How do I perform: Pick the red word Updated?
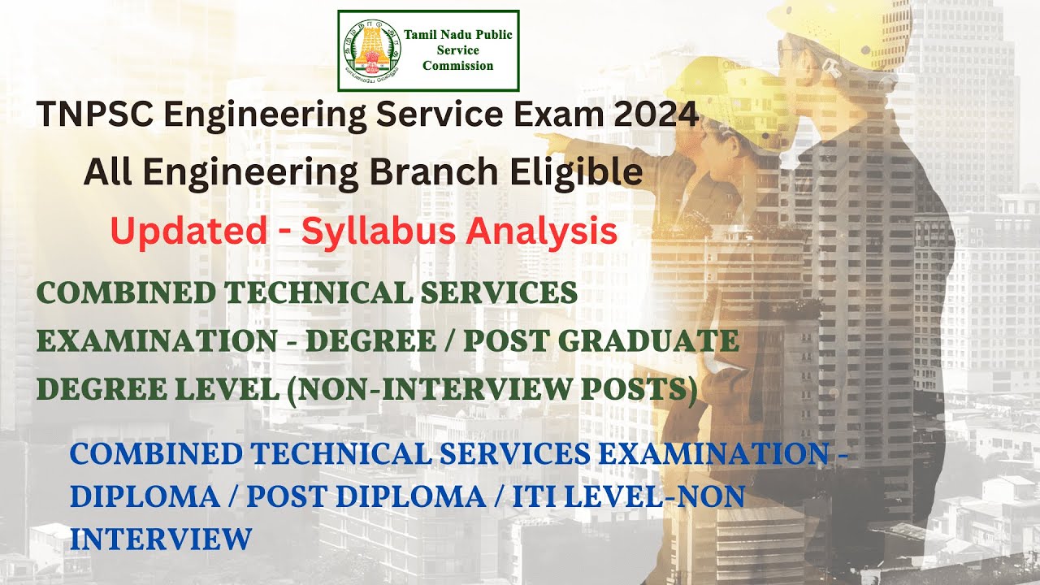[x=188, y=232]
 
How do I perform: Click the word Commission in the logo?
[x=457, y=66]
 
